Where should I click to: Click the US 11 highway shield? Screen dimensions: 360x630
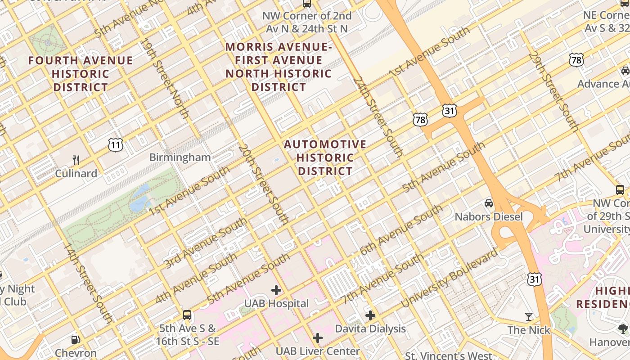click(116, 144)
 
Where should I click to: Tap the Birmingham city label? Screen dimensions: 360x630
click(180, 157)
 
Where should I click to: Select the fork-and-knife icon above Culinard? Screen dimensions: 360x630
click(76, 160)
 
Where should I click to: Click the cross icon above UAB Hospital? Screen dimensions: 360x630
click(276, 290)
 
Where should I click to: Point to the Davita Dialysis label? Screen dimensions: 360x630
click(370, 329)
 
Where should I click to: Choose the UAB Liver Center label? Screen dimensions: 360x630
click(318, 351)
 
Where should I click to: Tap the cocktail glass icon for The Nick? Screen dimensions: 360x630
click(529, 317)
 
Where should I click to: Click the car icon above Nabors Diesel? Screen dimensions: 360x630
click(489, 203)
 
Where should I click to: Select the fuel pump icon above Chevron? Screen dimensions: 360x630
click(76, 340)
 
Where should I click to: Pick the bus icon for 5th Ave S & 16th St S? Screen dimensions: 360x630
click(187, 315)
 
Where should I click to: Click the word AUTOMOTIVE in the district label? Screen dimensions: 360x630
click(325, 144)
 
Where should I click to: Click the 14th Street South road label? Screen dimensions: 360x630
click(88, 283)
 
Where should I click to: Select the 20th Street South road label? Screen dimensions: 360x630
click(263, 184)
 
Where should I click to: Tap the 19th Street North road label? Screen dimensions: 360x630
click(165, 79)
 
